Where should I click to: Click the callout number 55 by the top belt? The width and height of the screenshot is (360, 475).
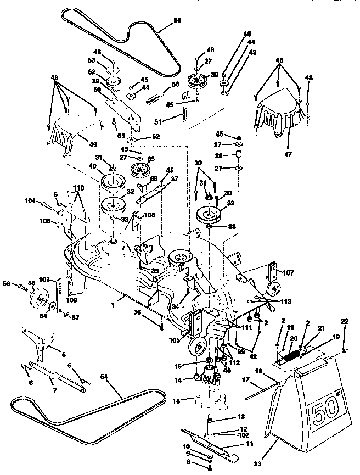point(177,20)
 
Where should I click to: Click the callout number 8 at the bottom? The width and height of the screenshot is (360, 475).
point(202,463)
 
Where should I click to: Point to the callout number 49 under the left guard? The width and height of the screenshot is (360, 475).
point(93,144)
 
